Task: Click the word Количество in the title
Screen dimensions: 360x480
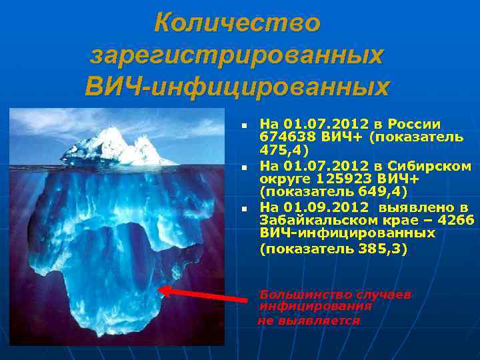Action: pyautogui.click(x=237, y=23)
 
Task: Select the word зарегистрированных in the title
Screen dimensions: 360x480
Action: pyautogui.click(x=237, y=55)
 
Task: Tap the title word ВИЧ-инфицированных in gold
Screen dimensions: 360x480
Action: pyautogui.click(x=237, y=87)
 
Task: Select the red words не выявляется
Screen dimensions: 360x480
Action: pyautogui.click(x=309, y=321)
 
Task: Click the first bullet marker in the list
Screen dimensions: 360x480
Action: pyautogui.click(x=245, y=125)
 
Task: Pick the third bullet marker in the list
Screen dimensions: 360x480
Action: pyautogui.click(x=245, y=209)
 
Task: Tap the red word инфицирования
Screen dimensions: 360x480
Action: pyautogui.click(x=315, y=307)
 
